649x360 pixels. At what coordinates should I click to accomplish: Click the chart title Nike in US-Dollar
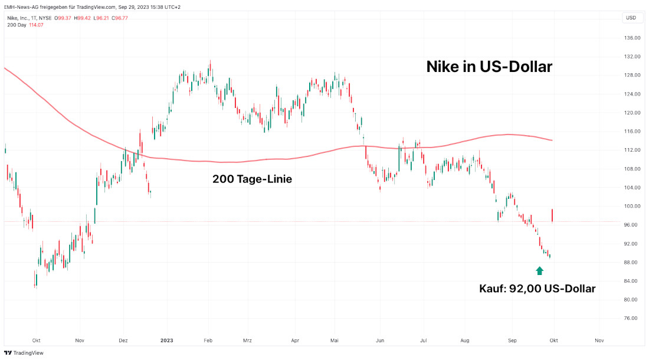pos(489,67)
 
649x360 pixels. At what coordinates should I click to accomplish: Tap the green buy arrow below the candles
pos(539,271)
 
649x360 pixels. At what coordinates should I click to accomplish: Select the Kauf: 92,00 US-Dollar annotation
pos(537,289)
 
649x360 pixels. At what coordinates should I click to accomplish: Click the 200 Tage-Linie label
pos(251,179)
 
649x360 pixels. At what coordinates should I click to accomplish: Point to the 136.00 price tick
pos(632,38)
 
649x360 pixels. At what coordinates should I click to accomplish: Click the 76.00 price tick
pos(632,318)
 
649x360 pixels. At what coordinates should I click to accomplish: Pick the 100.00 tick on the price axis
pos(632,206)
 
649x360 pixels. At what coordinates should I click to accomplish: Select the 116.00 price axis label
pos(632,131)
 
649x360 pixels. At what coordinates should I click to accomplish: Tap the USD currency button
pos(631,18)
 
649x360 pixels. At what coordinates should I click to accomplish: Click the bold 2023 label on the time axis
pos(167,341)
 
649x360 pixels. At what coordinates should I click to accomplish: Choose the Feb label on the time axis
pos(207,341)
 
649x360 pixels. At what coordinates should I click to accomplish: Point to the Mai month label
pos(335,341)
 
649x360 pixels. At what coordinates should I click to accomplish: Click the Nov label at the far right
pos(599,341)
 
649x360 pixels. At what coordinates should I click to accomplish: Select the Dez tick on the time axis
pos(123,341)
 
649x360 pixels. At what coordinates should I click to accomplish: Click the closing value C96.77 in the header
pos(117,18)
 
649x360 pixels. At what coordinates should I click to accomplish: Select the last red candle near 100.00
pos(552,215)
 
